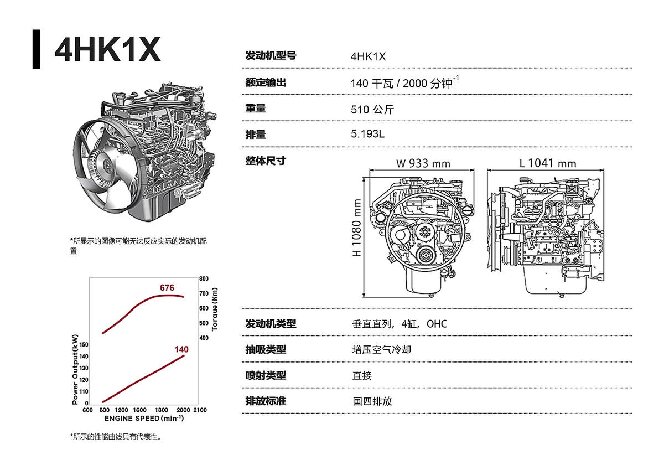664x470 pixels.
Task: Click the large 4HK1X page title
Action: point(107,49)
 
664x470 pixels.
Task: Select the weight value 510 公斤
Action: point(372,110)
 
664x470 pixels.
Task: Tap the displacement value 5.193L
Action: point(367,134)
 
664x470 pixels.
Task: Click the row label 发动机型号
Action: point(271,55)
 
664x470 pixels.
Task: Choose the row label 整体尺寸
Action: point(266,161)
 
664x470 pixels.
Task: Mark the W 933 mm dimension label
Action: point(423,163)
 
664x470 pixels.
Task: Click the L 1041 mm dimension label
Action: point(547,163)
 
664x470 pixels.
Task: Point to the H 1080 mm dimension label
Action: point(356,228)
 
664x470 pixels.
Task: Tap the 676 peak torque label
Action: point(167,288)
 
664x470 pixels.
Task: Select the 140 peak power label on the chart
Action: point(181,349)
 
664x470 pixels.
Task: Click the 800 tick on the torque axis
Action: point(204,279)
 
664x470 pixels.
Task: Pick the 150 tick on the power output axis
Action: point(84,344)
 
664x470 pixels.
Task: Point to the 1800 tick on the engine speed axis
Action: point(161,410)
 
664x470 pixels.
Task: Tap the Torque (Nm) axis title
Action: point(215,309)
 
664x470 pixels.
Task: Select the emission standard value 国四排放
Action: point(372,401)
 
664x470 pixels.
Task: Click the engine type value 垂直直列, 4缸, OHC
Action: point(400,324)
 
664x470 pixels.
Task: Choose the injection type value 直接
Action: point(362,375)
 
